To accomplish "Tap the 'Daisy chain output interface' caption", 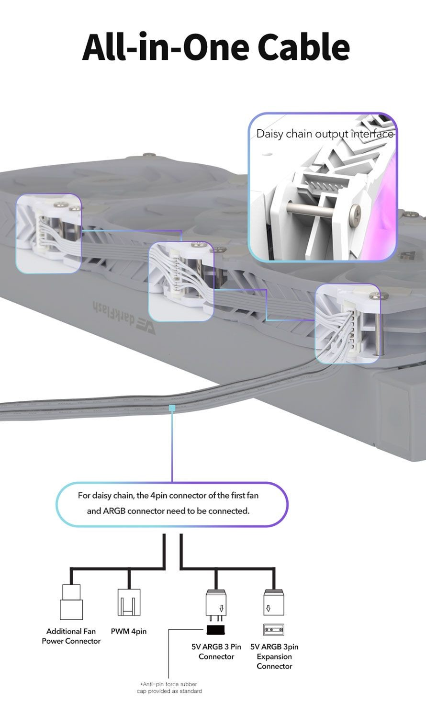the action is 325,134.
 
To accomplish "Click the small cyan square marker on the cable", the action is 172,408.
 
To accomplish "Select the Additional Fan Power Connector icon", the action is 71,602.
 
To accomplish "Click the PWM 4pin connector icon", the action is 129,602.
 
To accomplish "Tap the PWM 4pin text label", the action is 129,631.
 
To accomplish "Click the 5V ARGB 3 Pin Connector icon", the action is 216,605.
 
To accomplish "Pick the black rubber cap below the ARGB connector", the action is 216,630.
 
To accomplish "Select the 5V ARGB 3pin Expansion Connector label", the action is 274,656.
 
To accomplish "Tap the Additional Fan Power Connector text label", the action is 71,636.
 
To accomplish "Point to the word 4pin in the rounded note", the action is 159,496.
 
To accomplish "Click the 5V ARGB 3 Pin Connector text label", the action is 216,651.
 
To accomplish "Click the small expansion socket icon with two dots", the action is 273,630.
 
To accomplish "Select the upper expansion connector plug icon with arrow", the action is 274,602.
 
